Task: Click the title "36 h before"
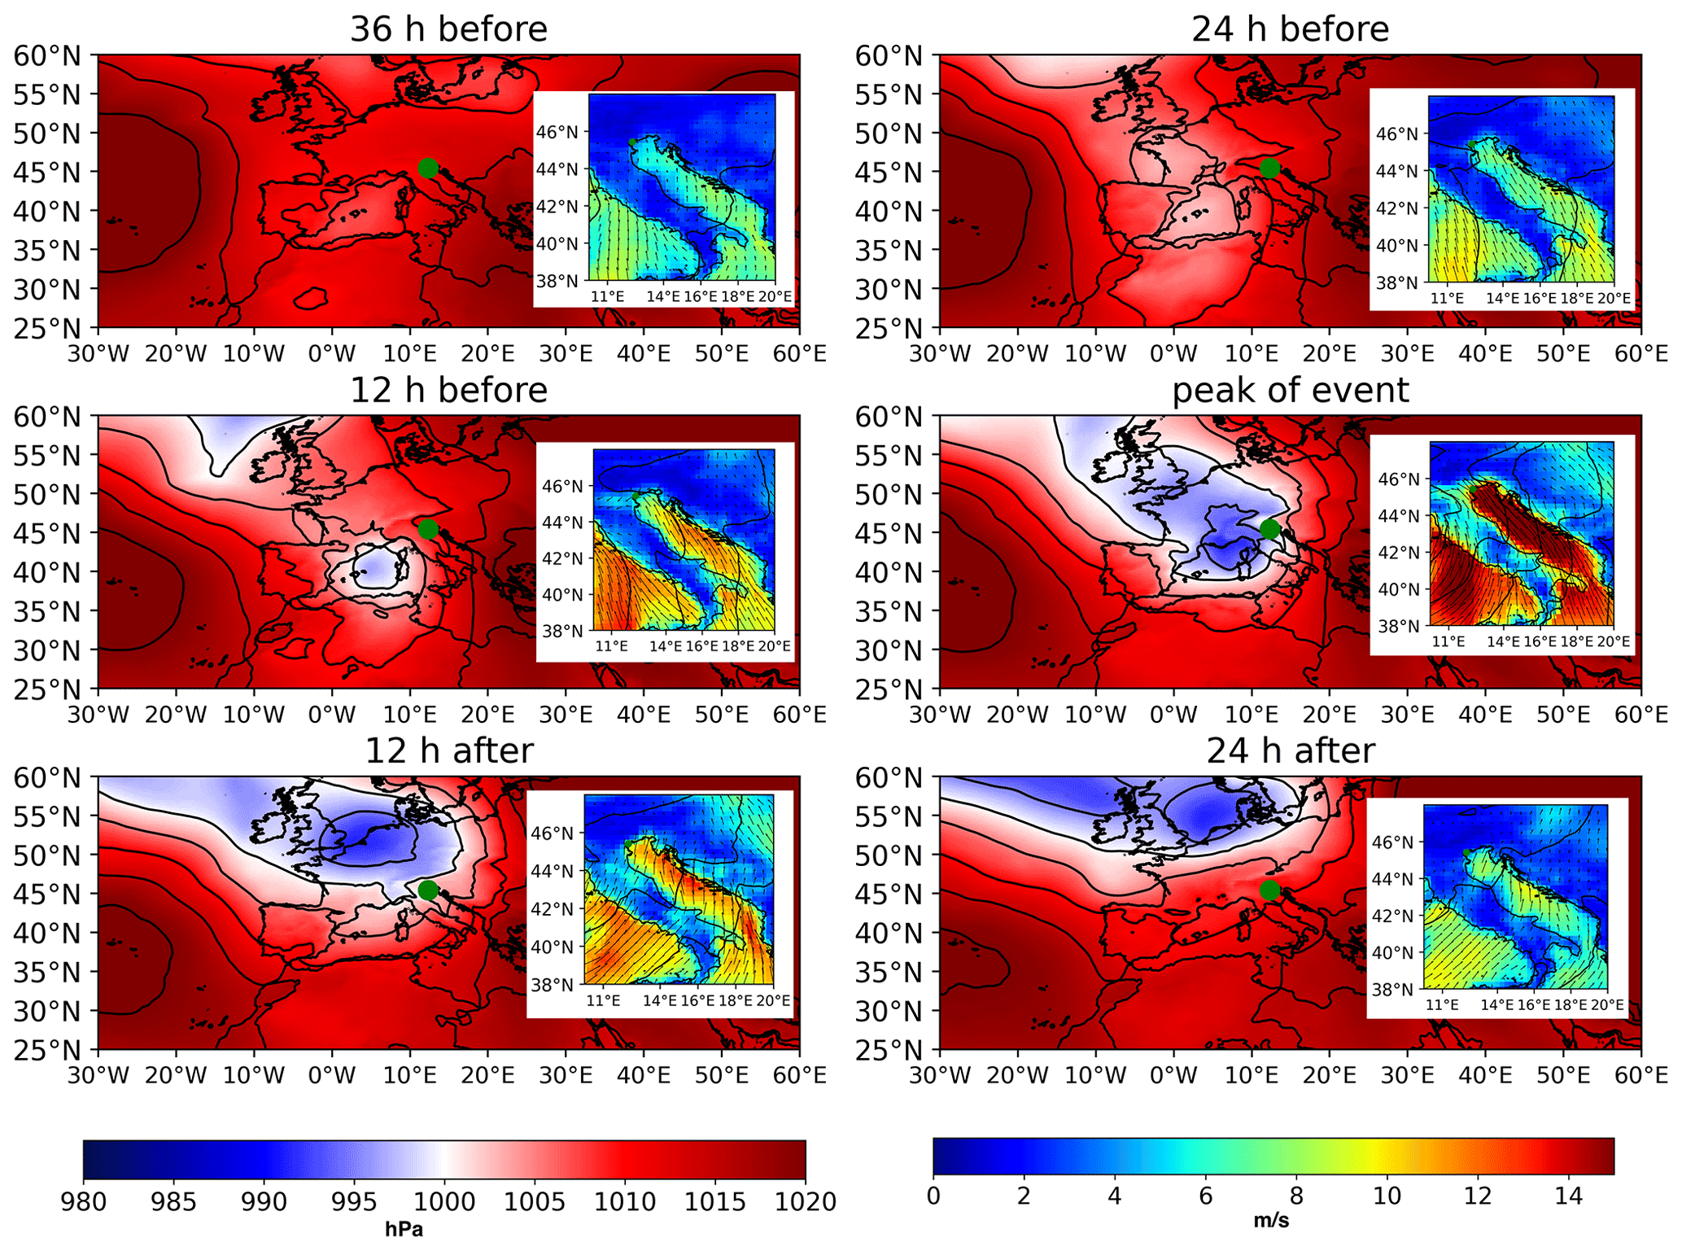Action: [x=448, y=29]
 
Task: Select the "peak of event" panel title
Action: [x=1290, y=390]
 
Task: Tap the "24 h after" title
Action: [x=1290, y=750]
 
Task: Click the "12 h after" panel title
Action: [x=448, y=750]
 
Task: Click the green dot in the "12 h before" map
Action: [x=428, y=529]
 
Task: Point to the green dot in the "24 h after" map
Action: [x=1269, y=890]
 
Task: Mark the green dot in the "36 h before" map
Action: [x=428, y=168]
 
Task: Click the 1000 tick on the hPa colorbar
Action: [x=444, y=1201]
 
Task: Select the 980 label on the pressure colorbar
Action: [x=84, y=1201]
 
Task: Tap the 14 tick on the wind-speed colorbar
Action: [x=1568, y=1196]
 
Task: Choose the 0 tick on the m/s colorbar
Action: [x=933, y=1196]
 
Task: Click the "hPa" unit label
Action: [x=404, y=1229]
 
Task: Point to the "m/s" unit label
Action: [x=1271, y=1221]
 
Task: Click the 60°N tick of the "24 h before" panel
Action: [x=889, y=56]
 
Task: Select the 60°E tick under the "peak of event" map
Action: [x=1640, y=715]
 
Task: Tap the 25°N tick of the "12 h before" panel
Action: [x=47, y=689]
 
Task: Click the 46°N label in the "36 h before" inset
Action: [x=562, y=133]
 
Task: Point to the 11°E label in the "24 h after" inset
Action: [x=1442, y=1004]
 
